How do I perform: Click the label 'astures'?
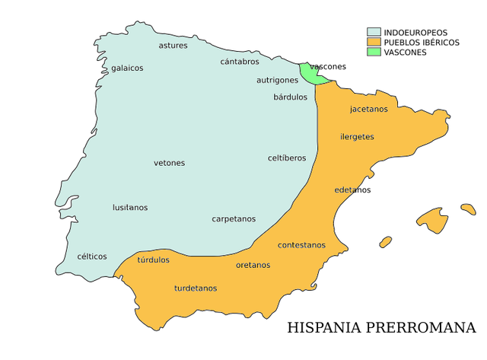pyautogui.click(x=173, y=46)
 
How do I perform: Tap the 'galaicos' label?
pyautogui.click(x=127, y=68)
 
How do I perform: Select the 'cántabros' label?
pyautogui.click(x=240, y=62)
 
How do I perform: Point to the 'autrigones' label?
pyautogui.click(x=277, y=80)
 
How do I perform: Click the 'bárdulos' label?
pyautogui.click(x=291, y=97)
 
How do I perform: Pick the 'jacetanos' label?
pyautogui.click(x=369, y=109)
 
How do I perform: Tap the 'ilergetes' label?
pyautogui.click(x=357, y=136)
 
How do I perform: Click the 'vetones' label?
pyautogui.click(x=169, y=163)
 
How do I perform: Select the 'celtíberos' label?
pyautogui.click(x=287, y=158)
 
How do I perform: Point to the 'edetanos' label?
pyautogui.click(x=352, y=190)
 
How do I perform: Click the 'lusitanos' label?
pyautogui.click(x=130, y=208)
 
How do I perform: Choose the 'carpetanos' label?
pyautogui.click(x=234, y=219)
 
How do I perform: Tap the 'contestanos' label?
pyautogui.click(x=301, y=245)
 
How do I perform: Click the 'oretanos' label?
pyautogui.click(x=253, y=266)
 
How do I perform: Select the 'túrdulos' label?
pyautogui.click(x=154, y=260)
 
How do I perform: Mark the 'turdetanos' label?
pyautogui.click(x=196, y=288)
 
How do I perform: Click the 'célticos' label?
pyautogui.click(x=92, y=256)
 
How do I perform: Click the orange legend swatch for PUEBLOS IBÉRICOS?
pyautogui.click(x=374, y=43)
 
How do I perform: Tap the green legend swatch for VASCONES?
pyautogui.click(x=374, y=53)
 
